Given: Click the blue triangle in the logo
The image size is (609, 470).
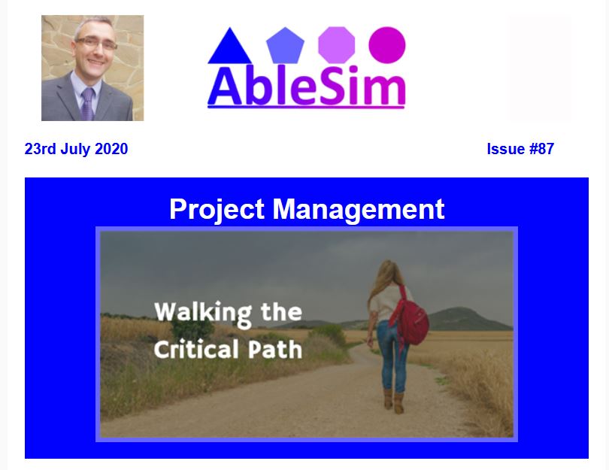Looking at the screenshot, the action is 229,49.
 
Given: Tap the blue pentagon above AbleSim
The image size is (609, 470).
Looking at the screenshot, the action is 285,45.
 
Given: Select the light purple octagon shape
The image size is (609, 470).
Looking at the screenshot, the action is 336,45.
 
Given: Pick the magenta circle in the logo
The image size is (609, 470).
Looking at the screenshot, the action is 387,45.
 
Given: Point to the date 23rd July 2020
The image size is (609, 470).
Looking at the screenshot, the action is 76,149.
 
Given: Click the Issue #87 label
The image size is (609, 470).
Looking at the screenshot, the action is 520,149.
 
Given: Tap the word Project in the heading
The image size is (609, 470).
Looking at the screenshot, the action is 217,210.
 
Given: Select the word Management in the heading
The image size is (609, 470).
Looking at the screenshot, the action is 358,210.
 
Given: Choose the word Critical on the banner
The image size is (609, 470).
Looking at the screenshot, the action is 196,349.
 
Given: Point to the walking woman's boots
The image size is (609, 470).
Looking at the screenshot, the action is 393,401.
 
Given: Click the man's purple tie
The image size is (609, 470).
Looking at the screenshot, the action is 87,104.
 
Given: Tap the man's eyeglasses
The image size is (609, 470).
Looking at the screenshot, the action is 96,43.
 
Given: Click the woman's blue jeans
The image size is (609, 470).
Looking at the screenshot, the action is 392,354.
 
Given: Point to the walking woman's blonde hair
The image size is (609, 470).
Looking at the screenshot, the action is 383,281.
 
